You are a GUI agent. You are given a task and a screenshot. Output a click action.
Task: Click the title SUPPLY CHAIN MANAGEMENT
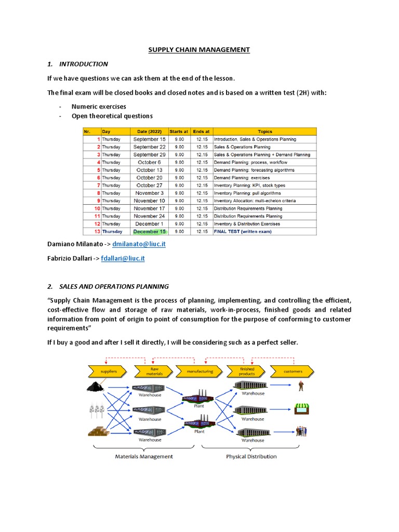pos(199,50)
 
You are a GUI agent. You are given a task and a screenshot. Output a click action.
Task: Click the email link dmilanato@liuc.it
pos(139,244)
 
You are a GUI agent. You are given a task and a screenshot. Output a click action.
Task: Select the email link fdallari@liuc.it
pos(123,258)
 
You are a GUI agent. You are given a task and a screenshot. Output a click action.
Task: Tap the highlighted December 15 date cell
pos(149,231)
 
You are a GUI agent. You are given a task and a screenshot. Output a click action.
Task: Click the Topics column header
pos(264,131)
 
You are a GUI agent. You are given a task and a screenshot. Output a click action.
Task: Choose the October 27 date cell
pos(149,185)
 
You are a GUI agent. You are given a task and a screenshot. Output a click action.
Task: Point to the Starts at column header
pos(179,131)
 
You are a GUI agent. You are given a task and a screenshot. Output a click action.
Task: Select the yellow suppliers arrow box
pos(109,372)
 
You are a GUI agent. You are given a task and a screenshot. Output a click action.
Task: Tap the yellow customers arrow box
pos(292,372)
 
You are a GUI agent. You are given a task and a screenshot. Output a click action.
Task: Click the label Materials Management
pos(143,457)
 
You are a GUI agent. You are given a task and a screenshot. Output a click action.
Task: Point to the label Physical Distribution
pos(251,457)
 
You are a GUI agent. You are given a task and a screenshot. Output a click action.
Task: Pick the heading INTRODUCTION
pos(84,64)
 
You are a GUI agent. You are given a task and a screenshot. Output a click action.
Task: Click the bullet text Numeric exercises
pos(99,107)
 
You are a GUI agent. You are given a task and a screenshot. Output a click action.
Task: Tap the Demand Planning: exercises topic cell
pos(246,178)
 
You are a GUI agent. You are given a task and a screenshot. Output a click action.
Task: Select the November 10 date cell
pos(149,201)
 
